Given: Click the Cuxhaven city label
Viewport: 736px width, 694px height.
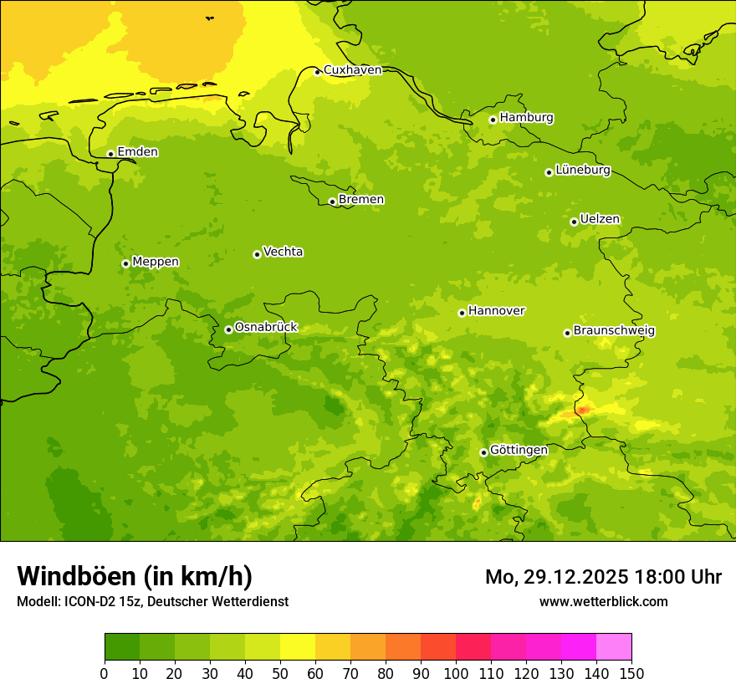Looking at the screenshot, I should tap(352, 70).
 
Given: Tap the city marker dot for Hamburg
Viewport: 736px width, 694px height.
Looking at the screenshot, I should tap(493, 120).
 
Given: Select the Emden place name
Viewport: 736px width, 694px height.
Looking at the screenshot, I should tap(137, 152).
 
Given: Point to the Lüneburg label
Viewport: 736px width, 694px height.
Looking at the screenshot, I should tap(582, 170).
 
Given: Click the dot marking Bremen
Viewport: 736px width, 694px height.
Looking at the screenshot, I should tap(332, 202).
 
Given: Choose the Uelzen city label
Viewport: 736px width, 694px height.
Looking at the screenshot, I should tap(600, 220).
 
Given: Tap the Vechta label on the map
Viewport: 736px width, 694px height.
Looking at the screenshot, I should tap(283, 252).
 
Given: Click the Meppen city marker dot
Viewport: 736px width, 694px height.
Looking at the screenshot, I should tap(125, 263).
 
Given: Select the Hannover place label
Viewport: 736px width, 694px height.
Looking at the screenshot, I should tap(496, 311).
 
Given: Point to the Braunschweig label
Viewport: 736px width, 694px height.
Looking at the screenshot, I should tap(614, 331).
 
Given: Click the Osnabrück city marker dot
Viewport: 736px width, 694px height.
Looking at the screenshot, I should tap(228, 329).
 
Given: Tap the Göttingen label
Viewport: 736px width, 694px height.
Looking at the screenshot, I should tap(519, 451).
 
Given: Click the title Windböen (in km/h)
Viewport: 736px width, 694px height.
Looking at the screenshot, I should tap(135, 576).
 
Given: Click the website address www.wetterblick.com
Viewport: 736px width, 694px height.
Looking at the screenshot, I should tap(603, 601).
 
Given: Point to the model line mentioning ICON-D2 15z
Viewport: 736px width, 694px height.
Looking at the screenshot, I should tap(152, 601).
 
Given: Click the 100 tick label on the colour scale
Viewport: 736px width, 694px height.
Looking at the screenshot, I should tap(456, 673).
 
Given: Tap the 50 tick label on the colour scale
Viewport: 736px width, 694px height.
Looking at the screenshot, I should tap(280, 673).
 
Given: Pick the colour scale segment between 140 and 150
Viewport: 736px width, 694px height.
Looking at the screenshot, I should tap(614, 647).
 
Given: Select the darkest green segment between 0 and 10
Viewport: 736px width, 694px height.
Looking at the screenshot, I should tap(122, 647).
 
